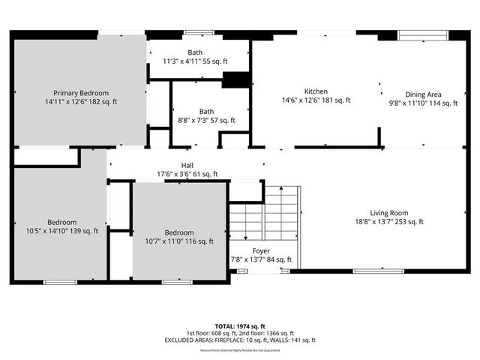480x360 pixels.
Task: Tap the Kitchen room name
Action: coord(316,91)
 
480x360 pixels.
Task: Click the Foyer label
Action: coord(260,251)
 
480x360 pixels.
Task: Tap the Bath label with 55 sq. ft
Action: coord(195,52)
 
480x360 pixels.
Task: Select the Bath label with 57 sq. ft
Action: coord(207,111)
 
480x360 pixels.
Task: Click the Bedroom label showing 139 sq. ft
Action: coord(61,222)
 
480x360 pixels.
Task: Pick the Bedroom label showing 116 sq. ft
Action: coord(179,232)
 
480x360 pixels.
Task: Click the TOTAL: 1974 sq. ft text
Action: coord(240,325)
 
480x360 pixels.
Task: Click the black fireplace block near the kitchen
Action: coord(235,80)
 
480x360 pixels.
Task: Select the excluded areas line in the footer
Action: coord(240,340)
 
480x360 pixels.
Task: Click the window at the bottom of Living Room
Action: coord(378,271)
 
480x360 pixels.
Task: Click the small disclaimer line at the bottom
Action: coord(240,350)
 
